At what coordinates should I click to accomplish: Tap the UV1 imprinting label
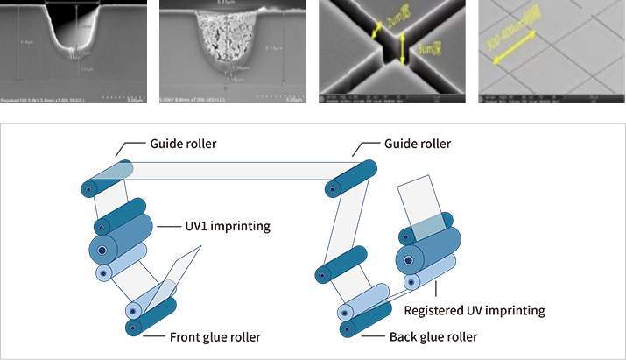point(226,226)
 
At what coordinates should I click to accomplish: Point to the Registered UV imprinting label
point(475,310)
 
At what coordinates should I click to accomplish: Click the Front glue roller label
point(203,336)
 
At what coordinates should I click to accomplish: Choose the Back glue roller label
point(433,336)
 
